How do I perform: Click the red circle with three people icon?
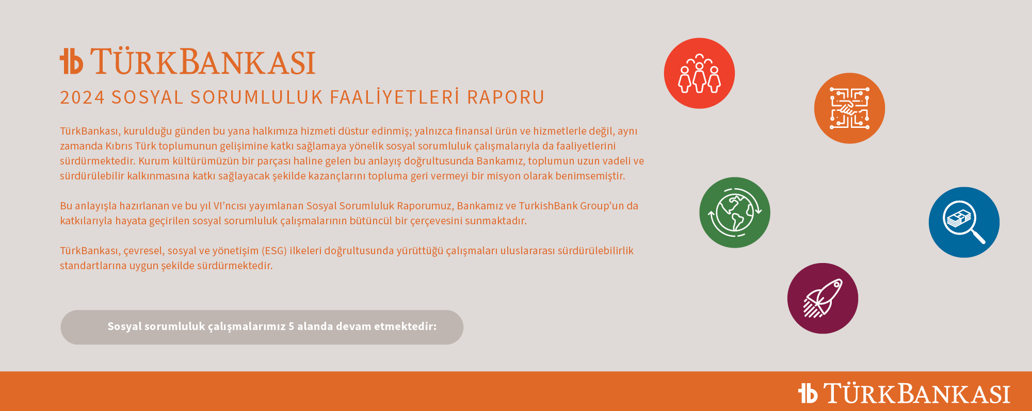click(699, 73)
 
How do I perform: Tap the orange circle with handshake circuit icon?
click(849, 108)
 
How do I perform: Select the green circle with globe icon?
click(735, 212)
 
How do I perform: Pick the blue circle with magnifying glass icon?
click(964, 222)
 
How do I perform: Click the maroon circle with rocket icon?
click(823, 299)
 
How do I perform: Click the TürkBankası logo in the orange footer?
click(904, 393)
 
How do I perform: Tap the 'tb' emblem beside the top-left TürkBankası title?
click(71, 61)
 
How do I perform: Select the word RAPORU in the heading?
click(506, 97)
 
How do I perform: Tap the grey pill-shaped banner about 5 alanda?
click(262, 327)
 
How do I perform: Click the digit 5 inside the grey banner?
click(291, 326)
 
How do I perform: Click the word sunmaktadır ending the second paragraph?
click(496, 221)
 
